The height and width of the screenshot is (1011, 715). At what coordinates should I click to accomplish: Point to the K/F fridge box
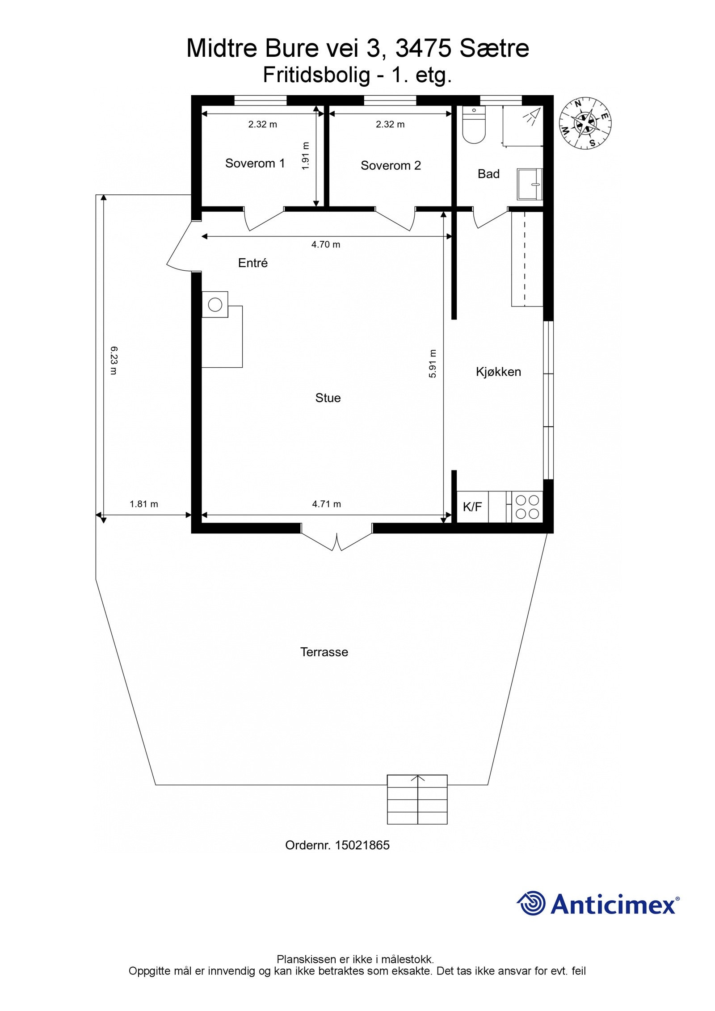[x=472, y=507]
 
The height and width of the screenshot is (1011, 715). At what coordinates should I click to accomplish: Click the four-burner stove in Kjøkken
[x=527, y=507]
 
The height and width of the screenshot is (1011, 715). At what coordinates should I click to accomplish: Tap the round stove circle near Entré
[x=215, y=305]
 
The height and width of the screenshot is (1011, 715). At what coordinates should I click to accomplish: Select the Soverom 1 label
[x=255, y=164]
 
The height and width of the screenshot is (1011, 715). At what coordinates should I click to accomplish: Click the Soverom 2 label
[x=391, y=166]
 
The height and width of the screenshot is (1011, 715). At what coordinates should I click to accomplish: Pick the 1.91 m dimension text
[x=305, y=155]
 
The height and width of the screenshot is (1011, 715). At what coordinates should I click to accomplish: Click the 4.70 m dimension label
[x=326, y=244]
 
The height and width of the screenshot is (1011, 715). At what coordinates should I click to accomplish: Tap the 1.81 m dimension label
[x=144, y=504]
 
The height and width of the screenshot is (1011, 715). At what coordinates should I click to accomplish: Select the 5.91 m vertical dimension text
[x=432, y=364]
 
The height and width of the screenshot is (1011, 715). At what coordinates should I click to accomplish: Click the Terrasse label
[x=324, y=652]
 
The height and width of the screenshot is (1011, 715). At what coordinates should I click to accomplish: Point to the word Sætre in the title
[x=494, y=48]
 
